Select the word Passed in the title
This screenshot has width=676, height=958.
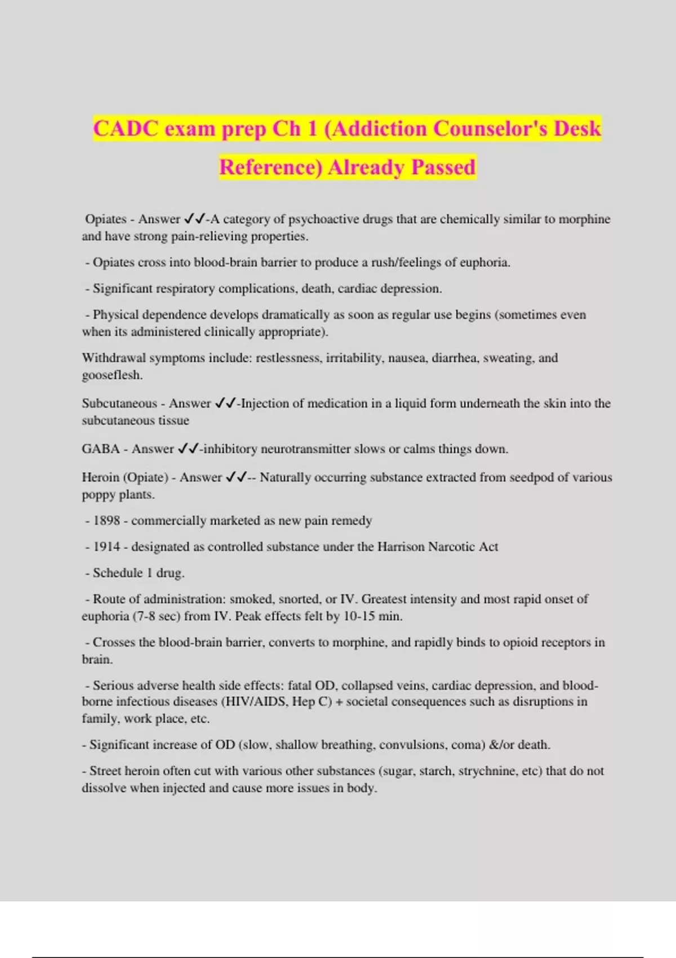tap(443, 167)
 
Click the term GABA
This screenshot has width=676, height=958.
tap(101, 449)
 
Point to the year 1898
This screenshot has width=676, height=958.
tap(106, 521)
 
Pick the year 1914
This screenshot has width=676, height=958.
tap(106, 547)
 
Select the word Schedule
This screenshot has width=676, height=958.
tap(117, 573)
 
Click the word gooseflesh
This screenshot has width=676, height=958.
tap(112, 375)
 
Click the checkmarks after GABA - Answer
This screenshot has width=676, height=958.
tap(188, 449)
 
